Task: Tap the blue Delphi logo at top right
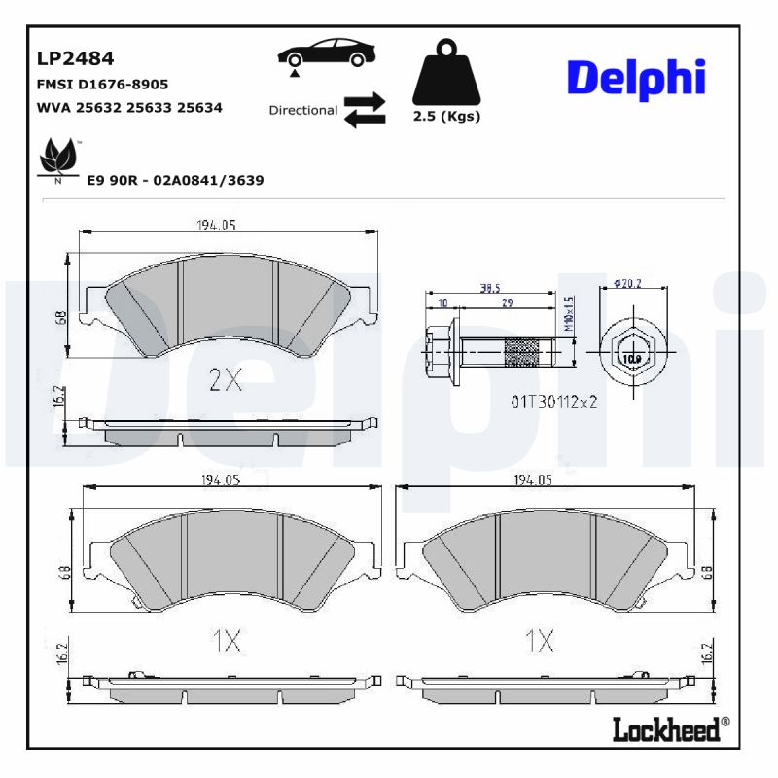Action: tap(635, 78)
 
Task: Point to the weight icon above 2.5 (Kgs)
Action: tap(447, 74)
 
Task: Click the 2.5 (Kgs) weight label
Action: tap(447, 117)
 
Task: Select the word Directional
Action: tap(302, 110)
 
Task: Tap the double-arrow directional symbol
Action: tap(365, 110)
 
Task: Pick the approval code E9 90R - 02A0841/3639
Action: tap(175, 180)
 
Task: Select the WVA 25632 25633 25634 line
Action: tap(129, 108)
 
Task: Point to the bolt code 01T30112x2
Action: tap(555, 400)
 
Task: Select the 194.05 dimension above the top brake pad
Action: tap(217, 226)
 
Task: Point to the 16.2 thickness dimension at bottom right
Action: tap(707, 653)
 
